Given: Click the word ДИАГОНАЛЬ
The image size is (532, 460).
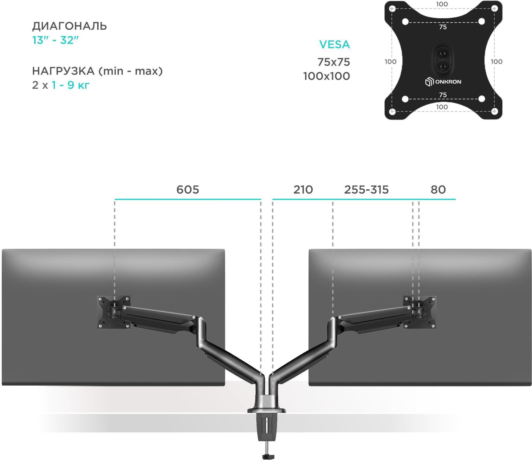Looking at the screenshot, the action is click(69, 26).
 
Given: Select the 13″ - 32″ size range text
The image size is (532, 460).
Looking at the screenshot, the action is click(55, 40).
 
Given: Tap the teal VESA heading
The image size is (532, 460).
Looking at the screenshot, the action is click(334, 44).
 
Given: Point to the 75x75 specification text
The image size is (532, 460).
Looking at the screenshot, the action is click(334, 62).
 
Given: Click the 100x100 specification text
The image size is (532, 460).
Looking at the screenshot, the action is click(327, 76).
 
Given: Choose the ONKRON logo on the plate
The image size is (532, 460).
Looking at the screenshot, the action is click(443, 82).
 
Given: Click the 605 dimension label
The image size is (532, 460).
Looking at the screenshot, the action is click(188, 190).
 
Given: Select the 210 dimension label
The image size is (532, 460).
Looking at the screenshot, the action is click(303, 190).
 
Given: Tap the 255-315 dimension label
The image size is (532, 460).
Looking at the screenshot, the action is click(366, 190).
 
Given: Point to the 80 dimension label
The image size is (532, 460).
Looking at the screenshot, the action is click(438, 190).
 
